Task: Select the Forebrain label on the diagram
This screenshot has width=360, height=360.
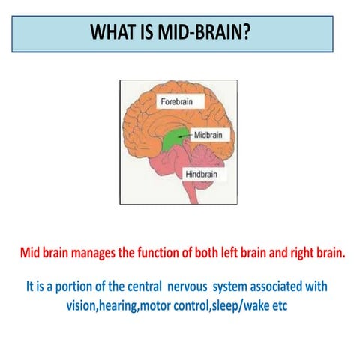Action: click(x=177, y=100)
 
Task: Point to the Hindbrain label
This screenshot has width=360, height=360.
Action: click(x=202, y=175)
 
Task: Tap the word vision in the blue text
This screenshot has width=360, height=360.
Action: click(x=82, y=305)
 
